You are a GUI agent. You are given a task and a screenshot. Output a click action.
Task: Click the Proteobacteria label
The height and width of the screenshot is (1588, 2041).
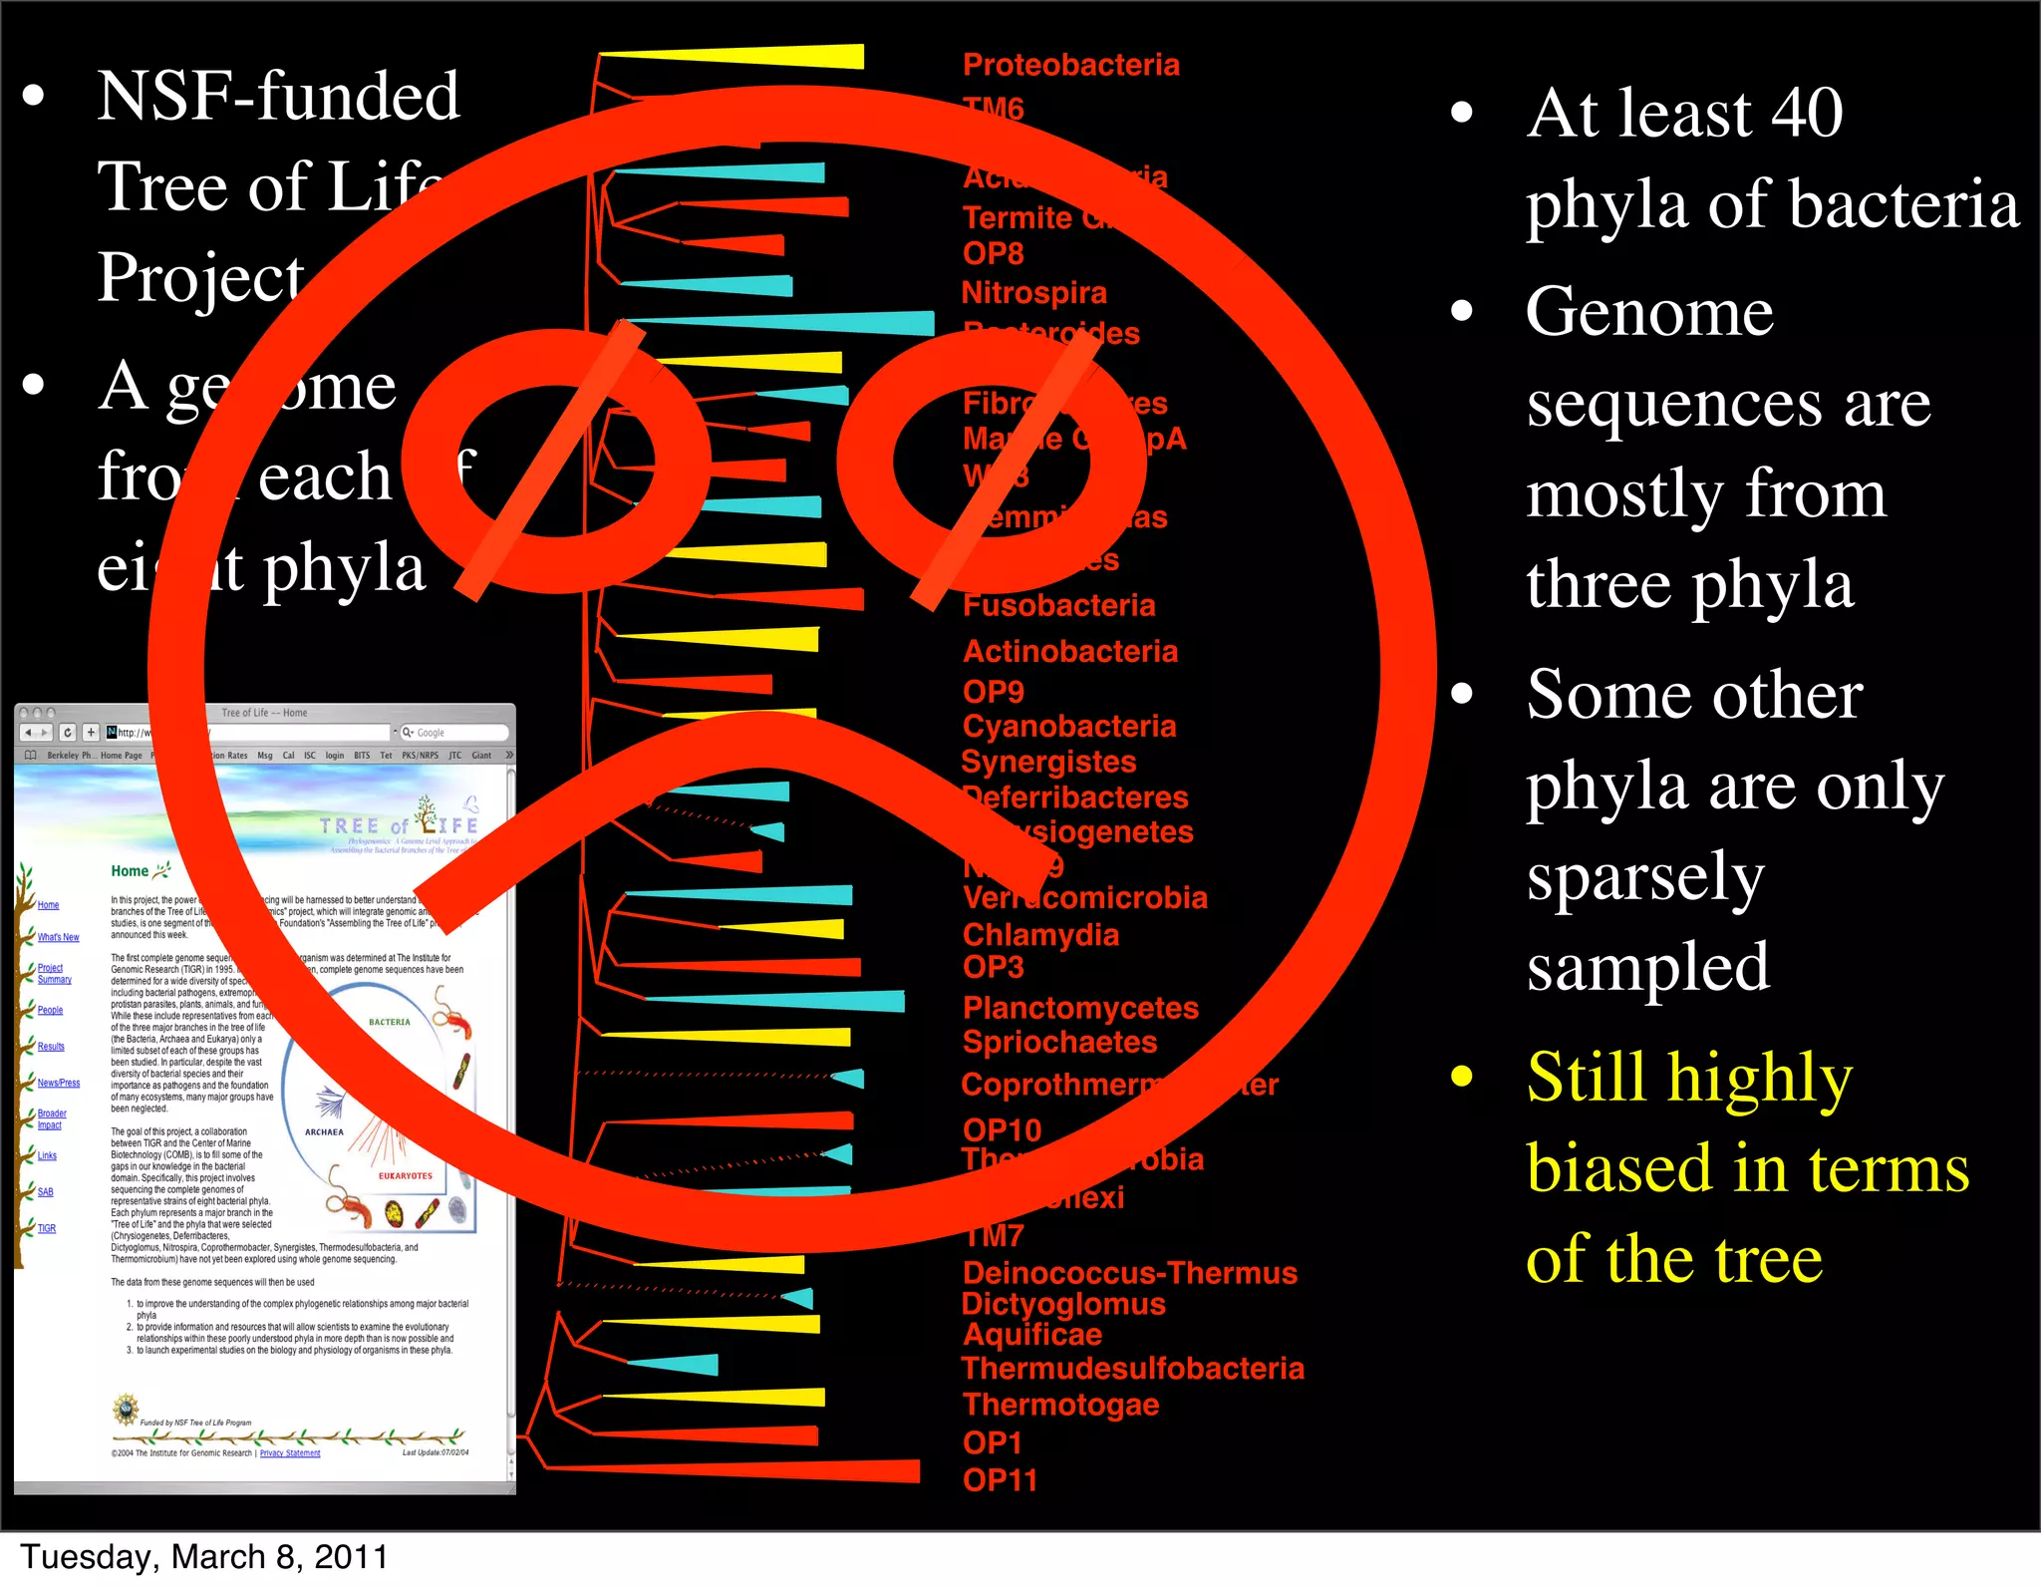click(x=1070, y=65)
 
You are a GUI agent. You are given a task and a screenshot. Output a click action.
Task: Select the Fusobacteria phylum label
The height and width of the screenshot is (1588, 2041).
click(x=1058, y=605)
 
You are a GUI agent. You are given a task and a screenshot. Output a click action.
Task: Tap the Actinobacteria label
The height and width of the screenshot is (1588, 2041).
click(x=1069, y=651)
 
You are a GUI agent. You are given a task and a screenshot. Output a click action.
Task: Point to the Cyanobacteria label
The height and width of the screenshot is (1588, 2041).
click(x=1068, y=726)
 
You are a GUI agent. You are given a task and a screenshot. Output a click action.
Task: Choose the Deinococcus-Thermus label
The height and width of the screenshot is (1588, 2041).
click(x=1129, y=1273)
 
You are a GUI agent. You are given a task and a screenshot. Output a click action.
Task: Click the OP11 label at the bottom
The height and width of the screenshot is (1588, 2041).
click(x=1000, y=1480)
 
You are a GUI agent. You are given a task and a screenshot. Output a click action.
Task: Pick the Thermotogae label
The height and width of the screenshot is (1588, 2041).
click(x=1060, y=1405)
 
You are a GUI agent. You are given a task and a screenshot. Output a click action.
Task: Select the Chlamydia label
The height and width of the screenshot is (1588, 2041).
click(x=1040, y=935)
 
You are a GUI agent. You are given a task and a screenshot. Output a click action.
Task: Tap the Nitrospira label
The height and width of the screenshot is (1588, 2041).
click(x=1033, y=293)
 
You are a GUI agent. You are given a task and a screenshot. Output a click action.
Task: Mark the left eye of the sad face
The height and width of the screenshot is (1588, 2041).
click(x=556, y=461)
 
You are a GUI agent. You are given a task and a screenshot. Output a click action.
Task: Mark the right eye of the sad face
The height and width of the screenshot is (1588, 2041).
click(x=992, y=461)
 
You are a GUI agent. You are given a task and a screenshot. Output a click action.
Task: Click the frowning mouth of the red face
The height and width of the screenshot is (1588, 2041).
click(x=728, y=788)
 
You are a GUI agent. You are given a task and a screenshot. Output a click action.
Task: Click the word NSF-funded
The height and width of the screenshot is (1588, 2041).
click(x=278, y=97)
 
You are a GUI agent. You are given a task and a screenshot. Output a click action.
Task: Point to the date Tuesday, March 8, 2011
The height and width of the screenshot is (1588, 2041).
click(x=204, y=1557)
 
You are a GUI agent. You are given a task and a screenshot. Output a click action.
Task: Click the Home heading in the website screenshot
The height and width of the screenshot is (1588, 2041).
click(x=130, y=871)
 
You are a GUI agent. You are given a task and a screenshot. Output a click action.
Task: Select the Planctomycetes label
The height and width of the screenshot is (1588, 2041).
click(x=1080, y=1008)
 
